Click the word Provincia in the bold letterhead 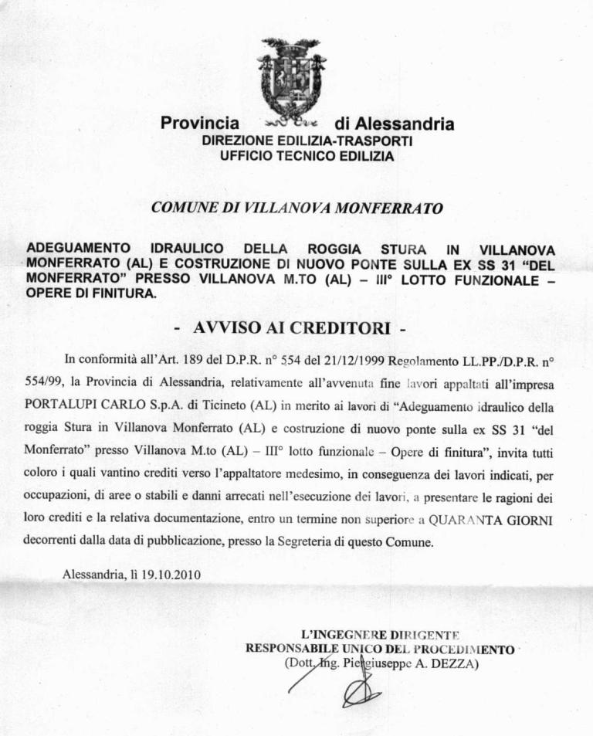tap(199, 123)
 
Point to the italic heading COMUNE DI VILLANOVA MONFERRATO tap(296, 208)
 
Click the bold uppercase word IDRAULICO tap(188, 249)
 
